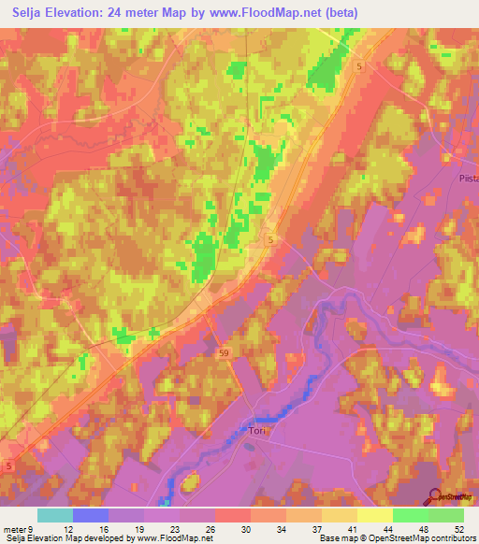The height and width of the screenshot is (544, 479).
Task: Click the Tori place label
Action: [258, 432]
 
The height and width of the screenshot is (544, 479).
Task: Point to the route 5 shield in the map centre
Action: [270, 240]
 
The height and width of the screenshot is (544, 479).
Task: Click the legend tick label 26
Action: [213, 528]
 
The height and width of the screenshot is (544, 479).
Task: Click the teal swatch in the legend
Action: [54, 515]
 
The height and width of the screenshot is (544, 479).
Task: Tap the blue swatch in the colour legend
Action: [90, 515]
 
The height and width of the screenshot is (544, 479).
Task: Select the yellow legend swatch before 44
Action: [374, 515]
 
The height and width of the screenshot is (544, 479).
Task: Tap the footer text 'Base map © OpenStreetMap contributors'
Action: [396, 538]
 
